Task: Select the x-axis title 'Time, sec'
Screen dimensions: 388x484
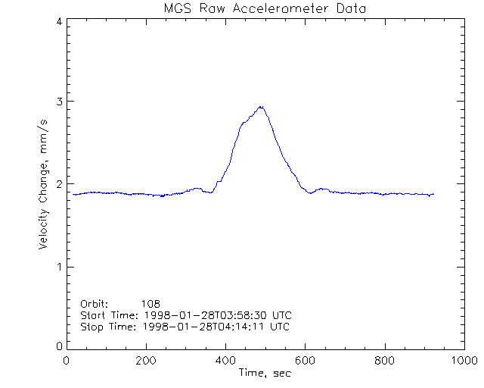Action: (265, 373)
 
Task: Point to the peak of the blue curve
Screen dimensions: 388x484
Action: (261, 107)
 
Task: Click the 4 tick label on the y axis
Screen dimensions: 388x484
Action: (58, 21)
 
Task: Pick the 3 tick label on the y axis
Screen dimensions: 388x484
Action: (58, 102)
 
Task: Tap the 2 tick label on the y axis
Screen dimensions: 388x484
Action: (58, 184)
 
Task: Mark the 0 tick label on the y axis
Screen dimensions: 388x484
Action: (58, 346)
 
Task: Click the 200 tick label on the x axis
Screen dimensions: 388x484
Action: (146, 360)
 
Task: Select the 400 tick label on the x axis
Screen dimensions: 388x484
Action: (225, 360)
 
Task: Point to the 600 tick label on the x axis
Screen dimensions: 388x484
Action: (305, 360)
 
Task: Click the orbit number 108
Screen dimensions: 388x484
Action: (161, 303)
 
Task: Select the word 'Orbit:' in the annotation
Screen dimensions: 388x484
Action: (95, 303)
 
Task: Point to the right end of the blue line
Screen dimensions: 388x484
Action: (433, 195)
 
